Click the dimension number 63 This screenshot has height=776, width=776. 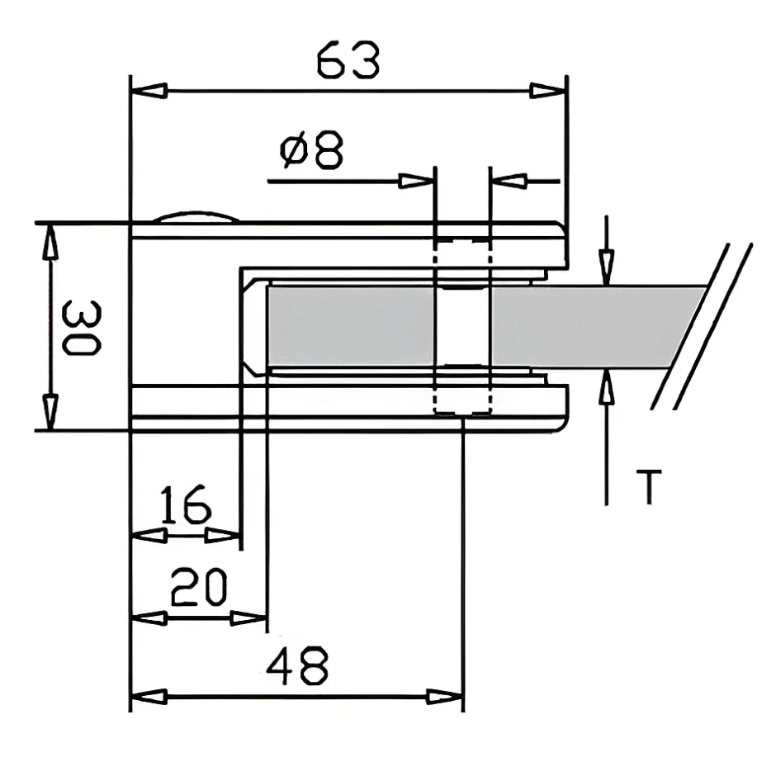click(x=348, y=61)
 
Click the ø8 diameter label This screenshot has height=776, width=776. click(x=311, y=151)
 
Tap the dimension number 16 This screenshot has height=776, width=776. click(x=185, y=506)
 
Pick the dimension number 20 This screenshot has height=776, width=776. click(x=198, y=588)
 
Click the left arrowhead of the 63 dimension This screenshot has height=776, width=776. click(x=149, y=91)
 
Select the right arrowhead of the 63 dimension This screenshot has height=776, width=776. click(x=547, y=91)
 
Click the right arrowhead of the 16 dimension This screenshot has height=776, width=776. click(x=225, y=536)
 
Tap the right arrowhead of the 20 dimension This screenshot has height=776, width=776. click(x=251, y=618)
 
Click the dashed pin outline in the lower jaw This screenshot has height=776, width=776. click(x=461, y=400)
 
